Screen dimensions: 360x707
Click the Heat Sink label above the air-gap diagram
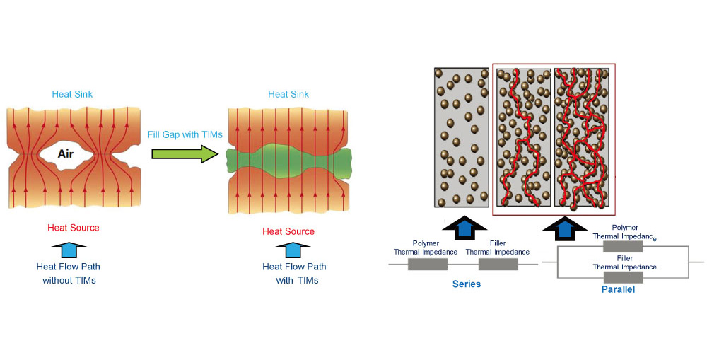pos(72,94)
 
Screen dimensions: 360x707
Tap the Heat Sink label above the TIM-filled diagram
pos(288,94)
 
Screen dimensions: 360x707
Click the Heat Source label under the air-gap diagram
pos(74,228)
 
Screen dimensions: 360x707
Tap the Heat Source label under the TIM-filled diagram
pos(288,231)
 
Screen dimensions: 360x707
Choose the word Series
pos(467,284)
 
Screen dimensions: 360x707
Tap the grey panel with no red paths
pos(462,138)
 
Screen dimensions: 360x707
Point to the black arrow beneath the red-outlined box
pos(563,228)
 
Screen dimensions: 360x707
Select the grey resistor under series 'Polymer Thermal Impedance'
pos(428,264)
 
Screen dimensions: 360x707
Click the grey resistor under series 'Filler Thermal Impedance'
pos(498,264)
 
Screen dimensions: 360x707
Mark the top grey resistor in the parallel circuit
pos(622,246)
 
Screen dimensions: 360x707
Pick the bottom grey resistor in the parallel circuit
pos(622,277)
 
